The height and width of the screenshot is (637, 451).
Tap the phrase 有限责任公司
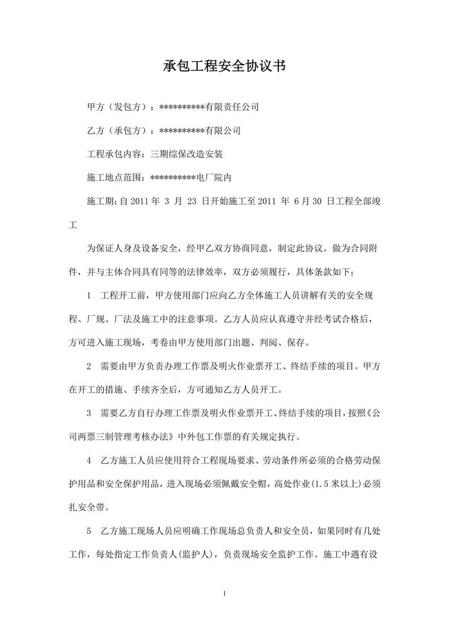click(x=231, y=107)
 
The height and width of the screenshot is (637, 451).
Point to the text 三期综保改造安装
click(x=186, y=154)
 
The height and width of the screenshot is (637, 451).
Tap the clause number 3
click(x=88, y=413)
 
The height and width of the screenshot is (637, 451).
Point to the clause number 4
click(x=88, y=461)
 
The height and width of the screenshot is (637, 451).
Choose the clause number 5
click(x=88, y=531)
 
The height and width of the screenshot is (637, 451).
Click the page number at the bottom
click(x=225, y=593)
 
